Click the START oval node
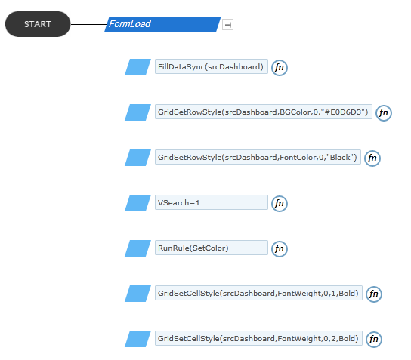coord(38,24)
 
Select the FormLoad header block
coord(162,24)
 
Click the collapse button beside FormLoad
coord(227,25)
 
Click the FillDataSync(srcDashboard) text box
coord(212,66)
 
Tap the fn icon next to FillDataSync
coord(279,68)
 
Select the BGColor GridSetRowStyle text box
coord(264,112)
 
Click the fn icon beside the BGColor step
coord(384,113)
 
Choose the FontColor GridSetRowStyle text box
coord(258,157)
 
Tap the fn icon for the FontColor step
coord(372,158)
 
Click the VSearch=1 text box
coord(212,202)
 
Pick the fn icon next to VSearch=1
coord(279,204)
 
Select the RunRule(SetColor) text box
coord(212,248)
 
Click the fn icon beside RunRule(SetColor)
coord(279,249)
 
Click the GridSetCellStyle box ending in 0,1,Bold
coord(258,293)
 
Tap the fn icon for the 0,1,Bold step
coord(373,294)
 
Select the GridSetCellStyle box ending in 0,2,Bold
coord(258,338)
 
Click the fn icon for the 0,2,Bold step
coord(373,340)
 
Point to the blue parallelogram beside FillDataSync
coord(138,67)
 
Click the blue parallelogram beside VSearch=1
coord(138,203)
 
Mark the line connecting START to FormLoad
coord(89,25)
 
